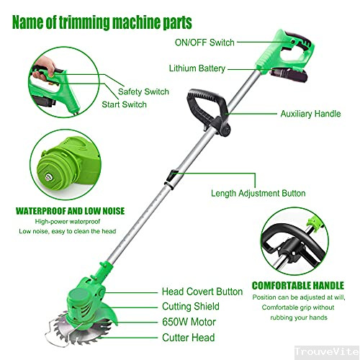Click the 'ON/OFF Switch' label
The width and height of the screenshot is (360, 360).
(x=204, y=42)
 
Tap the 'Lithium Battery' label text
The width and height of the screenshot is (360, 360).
(x=197, y=68)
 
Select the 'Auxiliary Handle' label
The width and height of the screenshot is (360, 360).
(x=310, y=114)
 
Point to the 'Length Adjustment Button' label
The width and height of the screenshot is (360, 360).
(x=258, y=193)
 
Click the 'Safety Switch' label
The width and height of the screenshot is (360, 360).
(x=143, y=91)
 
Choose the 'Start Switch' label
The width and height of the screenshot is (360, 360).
(x=124, y=104)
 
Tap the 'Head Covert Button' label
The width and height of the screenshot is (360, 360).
(x=202, y=292)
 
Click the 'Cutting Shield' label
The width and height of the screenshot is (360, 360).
(x=191, y=306)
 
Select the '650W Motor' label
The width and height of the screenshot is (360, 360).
(x=189, y=322)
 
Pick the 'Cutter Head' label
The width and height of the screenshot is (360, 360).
(x=189, y=338)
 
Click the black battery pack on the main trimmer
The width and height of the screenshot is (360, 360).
(x=289, y=74)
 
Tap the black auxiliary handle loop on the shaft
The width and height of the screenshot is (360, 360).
(x=207, y=106)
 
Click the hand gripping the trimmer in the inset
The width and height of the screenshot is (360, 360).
(x=44, y=68)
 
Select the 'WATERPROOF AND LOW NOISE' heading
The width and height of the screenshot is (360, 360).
(x=70, y=211)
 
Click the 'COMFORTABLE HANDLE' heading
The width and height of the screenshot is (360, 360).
(x=298, y=286)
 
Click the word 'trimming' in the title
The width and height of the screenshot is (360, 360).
(x=85, y=23)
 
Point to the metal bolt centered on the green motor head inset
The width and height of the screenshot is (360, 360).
(x=49, y=177)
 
